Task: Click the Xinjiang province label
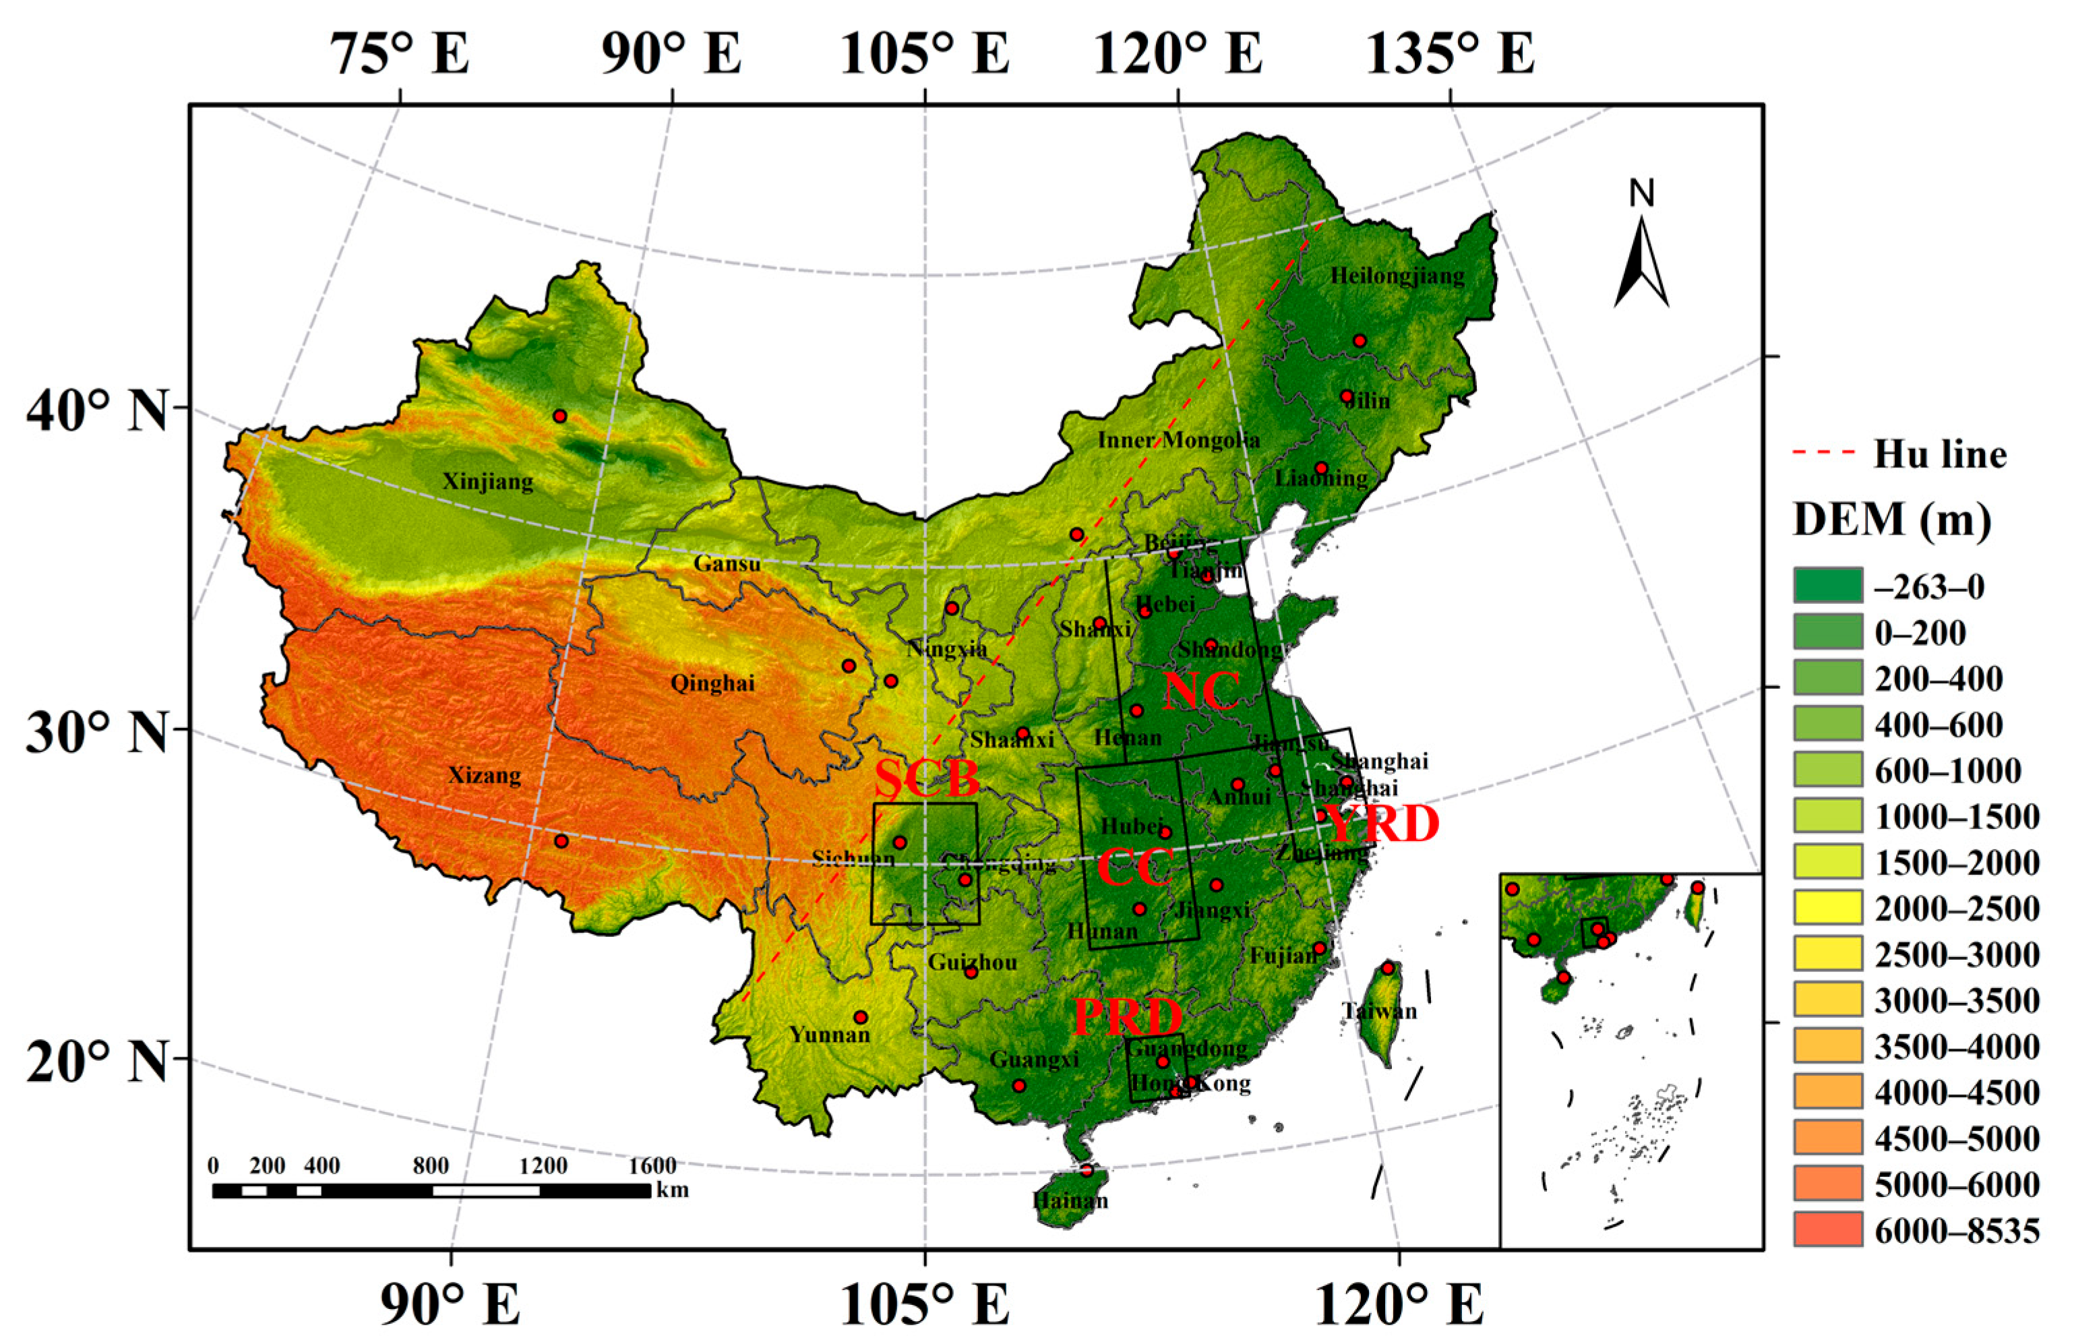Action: click(488, 482)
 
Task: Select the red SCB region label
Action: click(926, 779)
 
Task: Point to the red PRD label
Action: click(1128, 1016)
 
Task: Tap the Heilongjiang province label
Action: click(1397, 277)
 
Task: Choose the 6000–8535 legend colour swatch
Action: click(1827, 1229)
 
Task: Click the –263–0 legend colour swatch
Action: click(1827, 585)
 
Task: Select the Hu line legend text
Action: click(1940, 455)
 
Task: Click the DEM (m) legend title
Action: click(1892, 520)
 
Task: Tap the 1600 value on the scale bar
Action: click(652, 1166)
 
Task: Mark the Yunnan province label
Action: click(830, 1035)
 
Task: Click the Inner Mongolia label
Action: click(1178, 440)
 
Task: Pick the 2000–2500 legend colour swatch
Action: click(1827, 908)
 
